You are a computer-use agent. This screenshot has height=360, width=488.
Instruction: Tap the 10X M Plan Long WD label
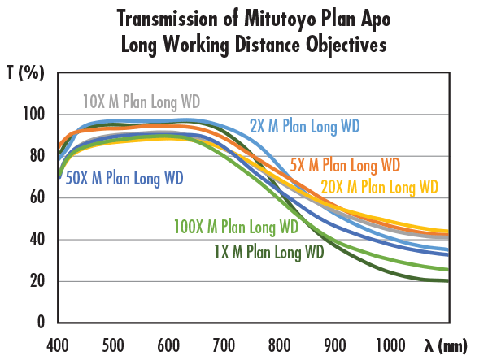click(142, 102)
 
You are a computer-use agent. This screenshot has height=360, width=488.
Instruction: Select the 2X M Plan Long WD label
click(304, 126)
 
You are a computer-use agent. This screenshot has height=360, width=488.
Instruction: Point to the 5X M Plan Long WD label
click(345, 165)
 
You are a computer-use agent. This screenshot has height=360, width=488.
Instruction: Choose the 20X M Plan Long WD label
click(380, 187)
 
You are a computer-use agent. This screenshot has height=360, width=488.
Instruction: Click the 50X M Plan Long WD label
click(124, 178)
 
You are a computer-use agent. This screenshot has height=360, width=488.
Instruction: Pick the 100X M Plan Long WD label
click(236, 226)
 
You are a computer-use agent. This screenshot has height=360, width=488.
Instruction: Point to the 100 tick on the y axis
click(35, 115)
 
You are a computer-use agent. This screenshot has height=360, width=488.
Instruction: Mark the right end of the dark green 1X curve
click(448, 281)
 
